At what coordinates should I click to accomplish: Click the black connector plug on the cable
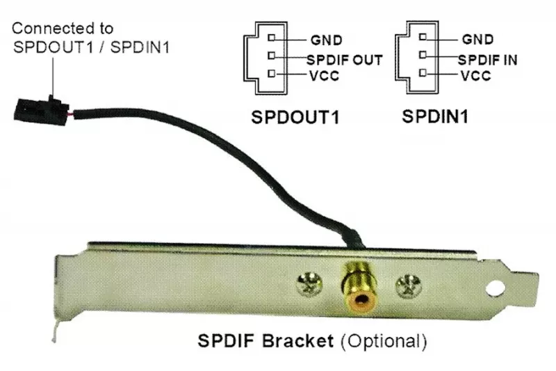34,105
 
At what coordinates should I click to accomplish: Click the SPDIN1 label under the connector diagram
434,116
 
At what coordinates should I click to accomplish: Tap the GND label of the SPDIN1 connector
477,40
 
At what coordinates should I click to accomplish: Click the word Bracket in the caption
304,342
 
